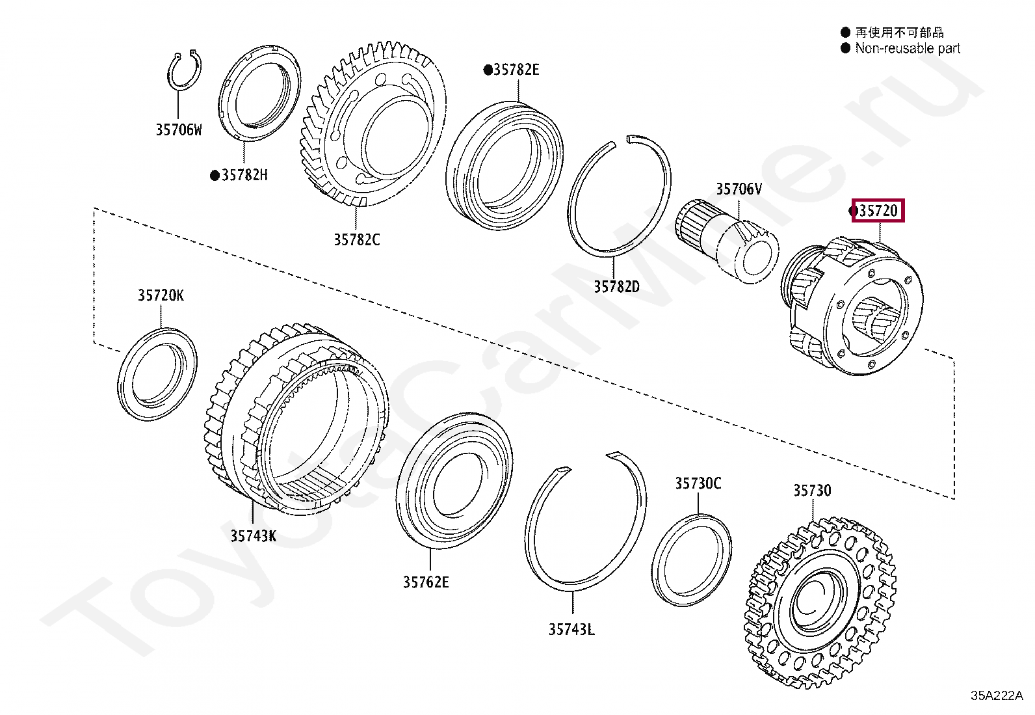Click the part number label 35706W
pos(178,129)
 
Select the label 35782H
pos(244,175)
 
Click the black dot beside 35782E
pos(487,70)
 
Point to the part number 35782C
pos(356,239)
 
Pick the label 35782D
pos(616,286)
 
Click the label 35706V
pos(739,189)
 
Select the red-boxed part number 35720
pos(878,211)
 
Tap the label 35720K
pos(161,295)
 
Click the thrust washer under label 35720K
pos(158,373)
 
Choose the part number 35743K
pos(253,535)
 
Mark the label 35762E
pos(425,582)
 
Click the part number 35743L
pos(571,629)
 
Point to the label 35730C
pos(698,483)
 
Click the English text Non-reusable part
pos(907,48)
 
